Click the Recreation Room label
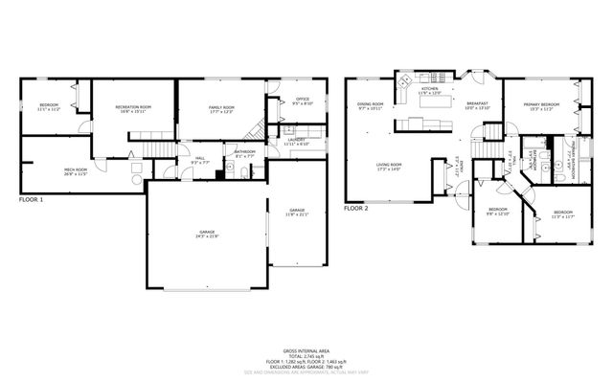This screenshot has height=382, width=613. pos(133,107)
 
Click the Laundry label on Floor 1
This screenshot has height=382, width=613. pos(296,141)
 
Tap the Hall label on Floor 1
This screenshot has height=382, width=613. pos(200,159)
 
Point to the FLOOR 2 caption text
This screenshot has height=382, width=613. pos(356,208)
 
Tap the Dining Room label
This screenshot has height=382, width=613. pos(370,105)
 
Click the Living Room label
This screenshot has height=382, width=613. pos(388,167)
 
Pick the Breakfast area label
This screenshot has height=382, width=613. pos(477,104)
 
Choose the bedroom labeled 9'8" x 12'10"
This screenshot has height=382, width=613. pos(498,212)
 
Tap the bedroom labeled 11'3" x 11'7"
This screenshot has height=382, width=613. pos(561,213)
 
